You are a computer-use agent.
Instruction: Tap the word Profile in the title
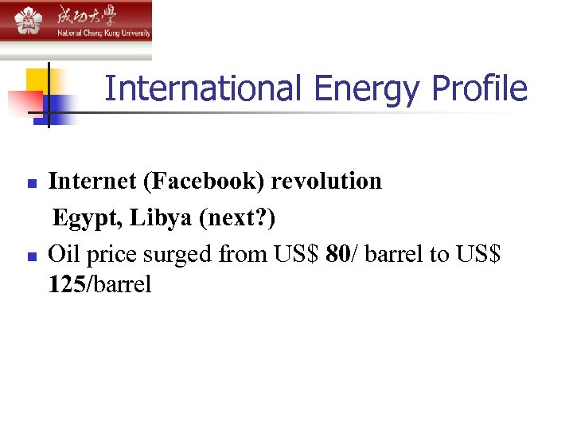[x=479, y=88]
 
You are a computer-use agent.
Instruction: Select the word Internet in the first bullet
[x=92, y=182]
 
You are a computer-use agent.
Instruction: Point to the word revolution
[x=326, y=182]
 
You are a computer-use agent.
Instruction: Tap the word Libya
[x=156, y=218]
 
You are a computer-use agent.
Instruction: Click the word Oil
[x=64, y=255]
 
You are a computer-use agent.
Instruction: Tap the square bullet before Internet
[x=32, y=184]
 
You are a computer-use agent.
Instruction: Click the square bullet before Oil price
[x=32, y=257]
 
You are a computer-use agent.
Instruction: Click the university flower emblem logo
[x=28, y=21]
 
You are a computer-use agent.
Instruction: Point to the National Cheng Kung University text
[x=103, y=33]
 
